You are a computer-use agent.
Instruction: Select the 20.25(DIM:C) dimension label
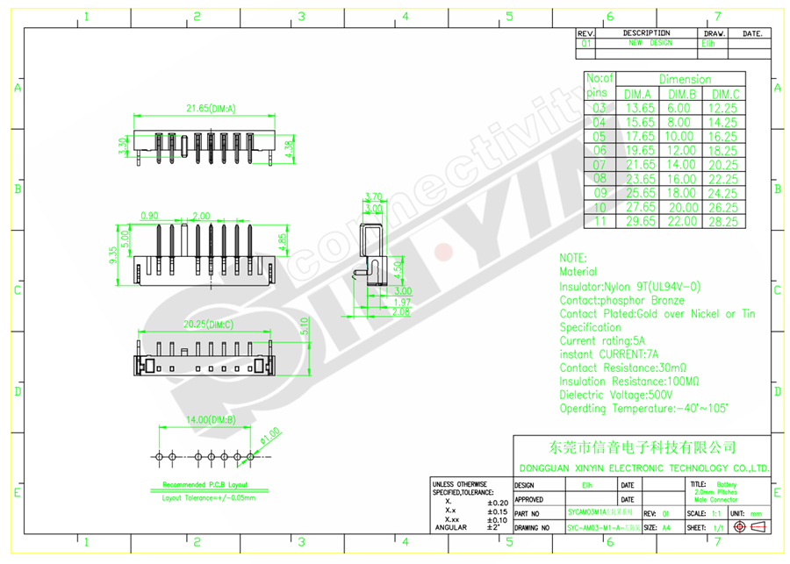(x=207, y=324)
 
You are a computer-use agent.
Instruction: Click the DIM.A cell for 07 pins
(x=638, y=165)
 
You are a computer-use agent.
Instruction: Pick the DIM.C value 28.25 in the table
(x=724, y=221)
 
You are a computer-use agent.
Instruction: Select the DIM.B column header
(x=681, y=94)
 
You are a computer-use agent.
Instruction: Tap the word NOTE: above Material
(x=572, y=259)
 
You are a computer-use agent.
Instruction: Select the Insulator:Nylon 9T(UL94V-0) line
(x=630, y=287)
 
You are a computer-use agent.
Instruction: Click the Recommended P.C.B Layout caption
(x=205, y=485)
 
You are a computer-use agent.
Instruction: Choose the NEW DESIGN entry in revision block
(x=649, y=42)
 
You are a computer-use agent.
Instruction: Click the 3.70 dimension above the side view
(x=372, y=196)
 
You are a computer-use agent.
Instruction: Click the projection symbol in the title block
(x=746, y=527)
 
